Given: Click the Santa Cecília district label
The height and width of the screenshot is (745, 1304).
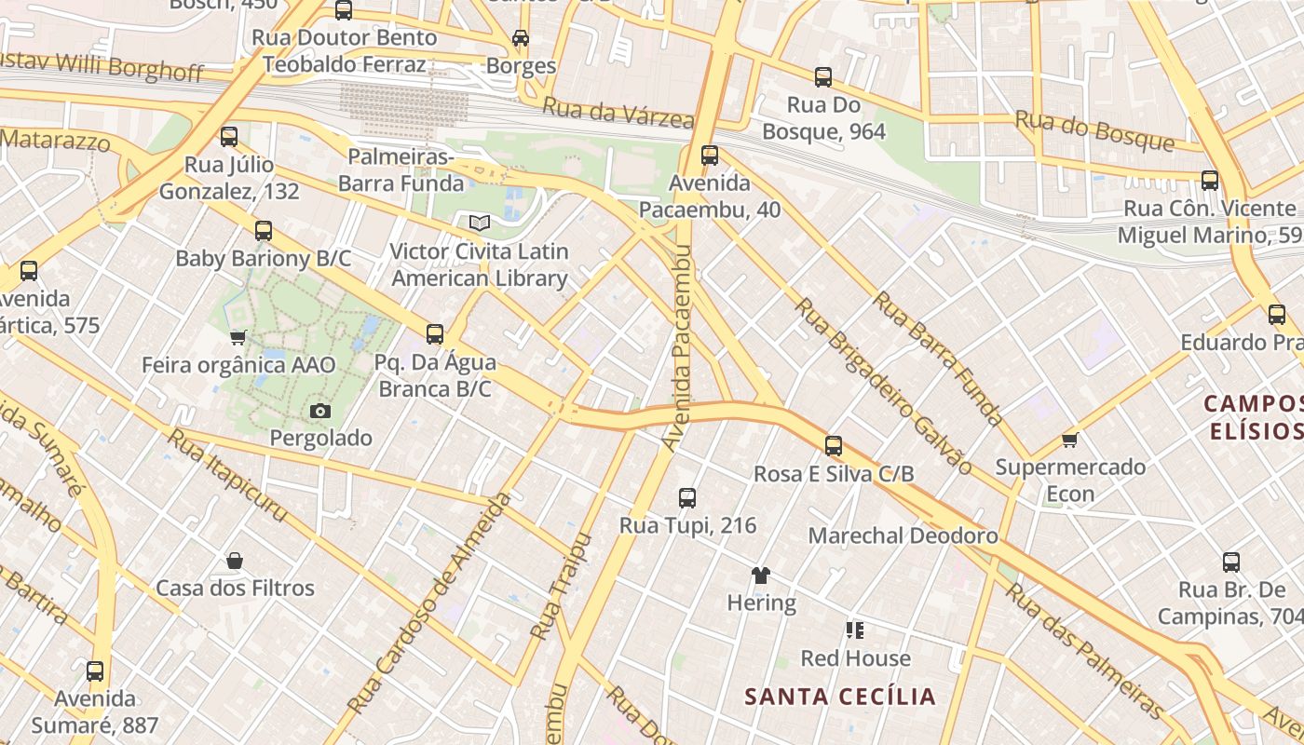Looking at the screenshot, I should tap(839, 697).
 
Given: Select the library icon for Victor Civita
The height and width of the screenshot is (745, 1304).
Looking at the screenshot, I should tap(479, 223).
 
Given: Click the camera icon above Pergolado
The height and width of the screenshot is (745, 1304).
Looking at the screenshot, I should tap(319, 411).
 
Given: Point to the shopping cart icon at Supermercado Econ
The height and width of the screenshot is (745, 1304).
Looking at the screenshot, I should tap(1069, 440).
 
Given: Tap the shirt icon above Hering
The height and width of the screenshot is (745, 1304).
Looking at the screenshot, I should tap(761, 576).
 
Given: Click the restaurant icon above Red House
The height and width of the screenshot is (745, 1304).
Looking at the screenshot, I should tap(855, 631).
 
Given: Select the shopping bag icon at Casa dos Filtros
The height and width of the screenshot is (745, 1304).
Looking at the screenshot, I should tap(235, 561).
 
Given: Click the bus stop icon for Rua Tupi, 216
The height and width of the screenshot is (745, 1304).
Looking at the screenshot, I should tap(687, 498).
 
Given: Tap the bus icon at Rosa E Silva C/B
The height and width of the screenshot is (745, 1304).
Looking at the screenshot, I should tap(834, 446).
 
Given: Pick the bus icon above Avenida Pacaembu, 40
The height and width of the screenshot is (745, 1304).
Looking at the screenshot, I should tap(710, 156).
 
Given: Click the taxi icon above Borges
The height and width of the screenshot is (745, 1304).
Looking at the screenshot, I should tap(521, 38).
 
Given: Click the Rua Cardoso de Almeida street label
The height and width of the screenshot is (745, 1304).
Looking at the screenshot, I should tap(430, 603).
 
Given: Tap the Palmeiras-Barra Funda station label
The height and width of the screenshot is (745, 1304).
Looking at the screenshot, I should tap(401, 169).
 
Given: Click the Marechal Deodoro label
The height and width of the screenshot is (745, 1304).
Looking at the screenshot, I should tap(903, 535).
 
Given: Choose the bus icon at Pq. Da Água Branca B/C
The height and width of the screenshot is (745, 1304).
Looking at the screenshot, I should tap(435, 334).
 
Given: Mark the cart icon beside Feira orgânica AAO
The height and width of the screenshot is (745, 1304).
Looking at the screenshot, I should tap(238, 337).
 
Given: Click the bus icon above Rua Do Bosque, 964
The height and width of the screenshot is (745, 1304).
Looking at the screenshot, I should tap(823, 77).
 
